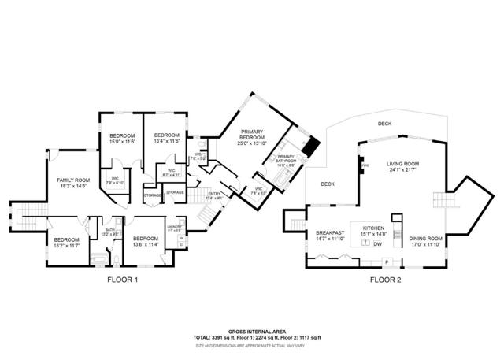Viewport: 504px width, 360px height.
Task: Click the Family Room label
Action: point(72,183)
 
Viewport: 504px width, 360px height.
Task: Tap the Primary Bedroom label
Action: point(252,134)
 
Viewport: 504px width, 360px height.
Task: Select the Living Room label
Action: point(401,166)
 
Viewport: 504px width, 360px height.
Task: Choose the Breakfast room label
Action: point(331,235)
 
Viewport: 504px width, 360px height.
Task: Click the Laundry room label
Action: point(174,228)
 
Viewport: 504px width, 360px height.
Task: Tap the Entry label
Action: point(214,195)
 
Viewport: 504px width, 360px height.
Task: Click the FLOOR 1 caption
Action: point(122,280)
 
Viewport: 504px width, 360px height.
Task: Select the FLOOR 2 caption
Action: point(386,280)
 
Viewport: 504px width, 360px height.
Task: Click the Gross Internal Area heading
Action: point(251,332)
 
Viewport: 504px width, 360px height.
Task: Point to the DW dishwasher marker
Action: point(378,245)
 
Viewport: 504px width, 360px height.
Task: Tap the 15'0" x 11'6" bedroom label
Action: point(122,138)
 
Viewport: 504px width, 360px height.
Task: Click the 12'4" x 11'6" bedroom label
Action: point(167,138)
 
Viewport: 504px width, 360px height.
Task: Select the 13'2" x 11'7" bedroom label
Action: point(66,242)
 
